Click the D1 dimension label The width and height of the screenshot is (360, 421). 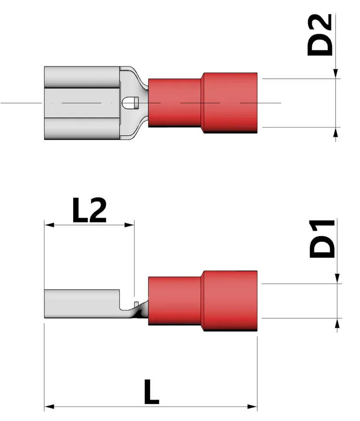[322, 238]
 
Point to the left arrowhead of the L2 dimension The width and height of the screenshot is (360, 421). [49, 226]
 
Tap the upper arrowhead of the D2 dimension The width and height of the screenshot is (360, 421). [335, 74]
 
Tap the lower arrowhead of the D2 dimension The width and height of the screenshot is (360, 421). [335, 133]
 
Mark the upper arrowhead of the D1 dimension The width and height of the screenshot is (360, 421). [337, 278]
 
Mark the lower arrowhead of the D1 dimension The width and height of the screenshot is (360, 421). [337, 323]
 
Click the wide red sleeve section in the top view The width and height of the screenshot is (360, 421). [230, 102]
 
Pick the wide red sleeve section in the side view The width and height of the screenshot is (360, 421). [230, 301]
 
